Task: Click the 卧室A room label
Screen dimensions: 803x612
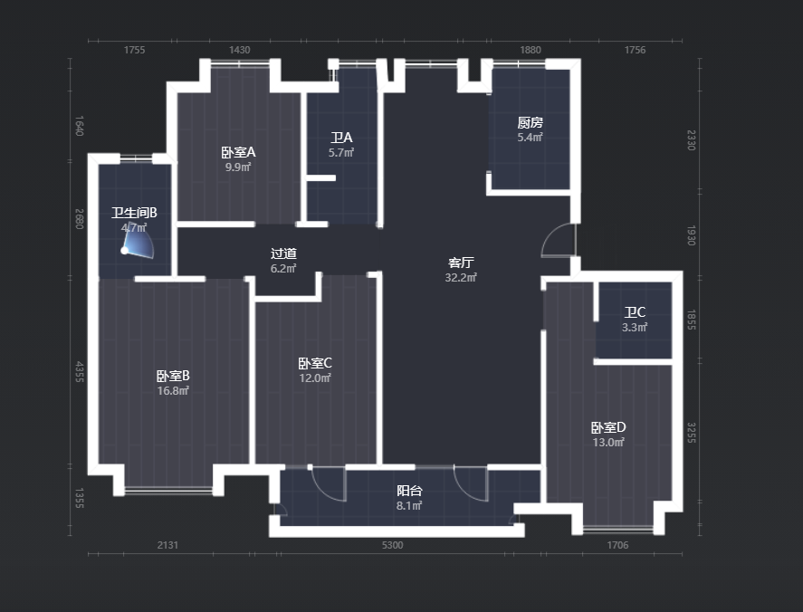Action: pyautogui.click(x=238, y=152)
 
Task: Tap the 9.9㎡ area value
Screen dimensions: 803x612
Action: pyautogui.click(x=238, y=167)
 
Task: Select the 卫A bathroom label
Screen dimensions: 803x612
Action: pyautogui.click(x=341, y=138)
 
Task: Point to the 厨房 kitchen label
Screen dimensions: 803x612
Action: pyautogui.click(x=530, y=122)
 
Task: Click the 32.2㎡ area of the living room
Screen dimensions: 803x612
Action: pyautogui.click(x=461, y=277)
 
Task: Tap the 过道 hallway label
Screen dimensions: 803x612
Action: pyautogui.click(x=283, y=253)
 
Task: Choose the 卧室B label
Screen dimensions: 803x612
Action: pyautogui.click(x=173, y=376)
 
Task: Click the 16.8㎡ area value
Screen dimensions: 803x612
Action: pyautogui.click(x=173, y=391)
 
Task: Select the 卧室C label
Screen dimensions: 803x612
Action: pyautogui.click(x=315, y=363)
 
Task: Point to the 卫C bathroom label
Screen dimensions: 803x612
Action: pyautogui.click(x=635, y=312)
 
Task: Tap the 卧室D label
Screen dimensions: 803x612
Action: pyautogui.click(x=608, y=427)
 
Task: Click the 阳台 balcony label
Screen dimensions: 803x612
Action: pyautogui.click(x=409, y=491)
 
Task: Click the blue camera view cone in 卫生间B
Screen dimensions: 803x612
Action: pyautogui.click(x=139, y=242)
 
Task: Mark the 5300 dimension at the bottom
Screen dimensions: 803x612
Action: pyautogui.click(x=392, y=545)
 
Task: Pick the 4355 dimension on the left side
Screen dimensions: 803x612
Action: pyautogui.click(x=80, y=372)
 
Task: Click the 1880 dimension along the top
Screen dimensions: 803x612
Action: pyautogui.click(x=530, y=50)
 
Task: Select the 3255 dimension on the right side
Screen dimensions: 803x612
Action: pyautogui.click(x=691, y=433)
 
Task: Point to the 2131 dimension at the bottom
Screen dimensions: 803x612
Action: pyautogui.click(x=167, y=545)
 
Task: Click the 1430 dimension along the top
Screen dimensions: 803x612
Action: pyautogui.click(x=239, y=50)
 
